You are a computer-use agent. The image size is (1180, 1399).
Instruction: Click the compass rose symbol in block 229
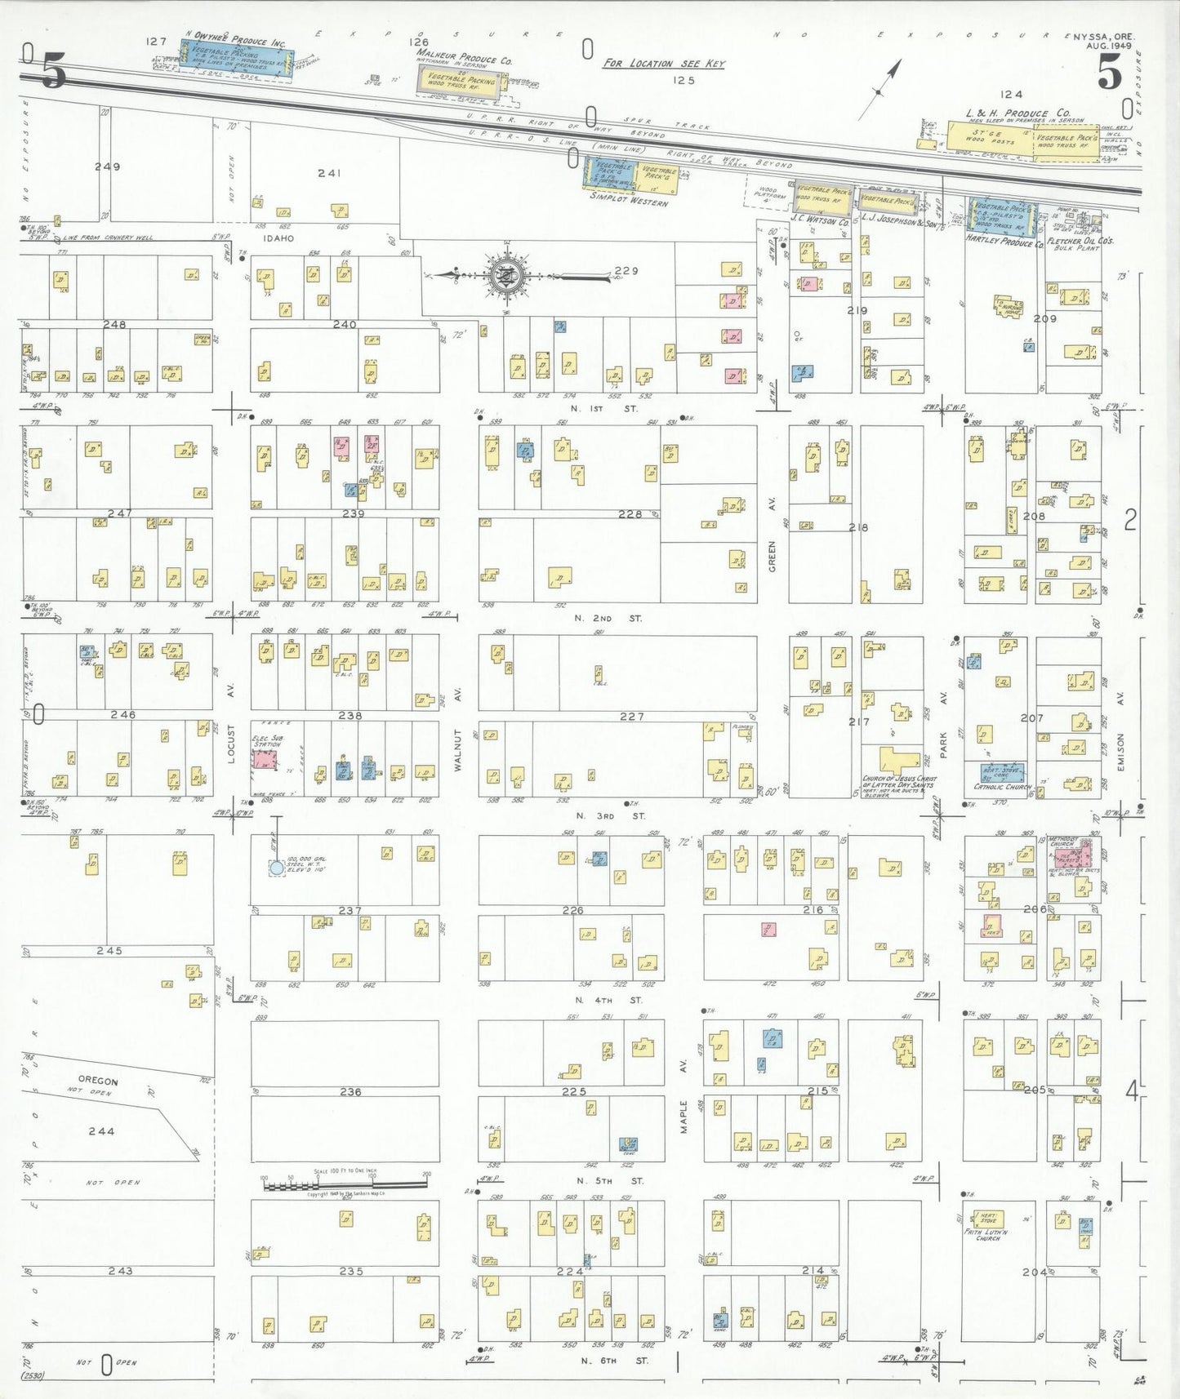[x=507, y=275]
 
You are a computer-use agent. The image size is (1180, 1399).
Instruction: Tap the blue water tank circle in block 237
[x=277, y=868]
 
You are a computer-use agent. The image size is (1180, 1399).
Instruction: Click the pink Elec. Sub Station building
[x=265, y=760]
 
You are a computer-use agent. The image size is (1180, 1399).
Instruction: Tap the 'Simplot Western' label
[x=629, y=198]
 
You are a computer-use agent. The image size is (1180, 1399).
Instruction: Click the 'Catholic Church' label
[x=1003, y=788]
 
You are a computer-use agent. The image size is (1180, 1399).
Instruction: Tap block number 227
[x=631, y=716]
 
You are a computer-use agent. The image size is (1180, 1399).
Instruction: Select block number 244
[x=101, y=1130]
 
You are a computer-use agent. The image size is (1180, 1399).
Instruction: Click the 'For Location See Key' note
[x=663, y=64]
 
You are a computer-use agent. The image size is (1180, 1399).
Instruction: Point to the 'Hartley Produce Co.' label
[x=1004, y=243]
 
